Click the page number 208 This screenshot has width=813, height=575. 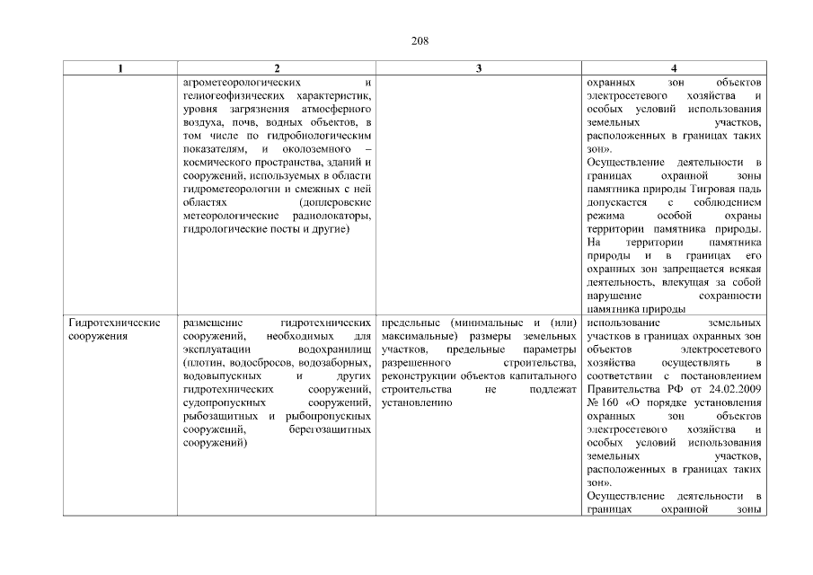(406, 40)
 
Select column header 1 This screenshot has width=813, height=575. (121, 69)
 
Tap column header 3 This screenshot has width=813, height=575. (478, 69)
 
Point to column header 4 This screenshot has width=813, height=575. (674, 69)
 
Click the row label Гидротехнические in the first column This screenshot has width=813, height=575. (114, 323)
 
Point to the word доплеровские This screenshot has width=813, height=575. (332, 204)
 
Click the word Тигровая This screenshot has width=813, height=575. (701, 190)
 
